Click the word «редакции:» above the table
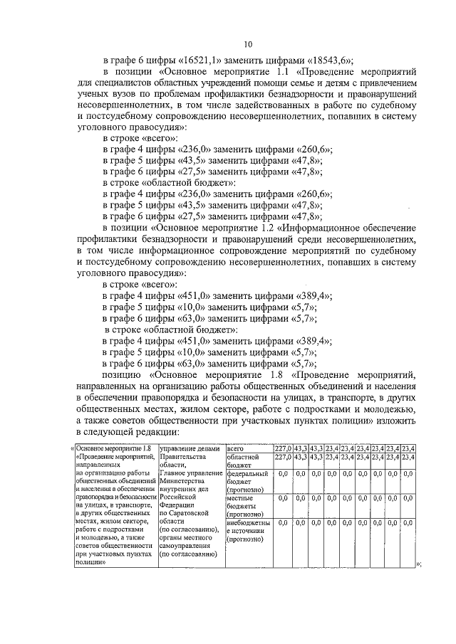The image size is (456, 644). (x=145, y=431)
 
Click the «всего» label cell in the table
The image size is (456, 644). (x=236, y=448)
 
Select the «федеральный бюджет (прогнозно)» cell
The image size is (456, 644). (x=247, y=482)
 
